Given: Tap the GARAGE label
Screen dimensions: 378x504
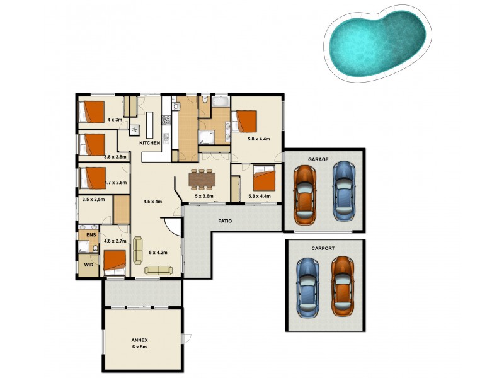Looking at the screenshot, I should click(x=318, y=160).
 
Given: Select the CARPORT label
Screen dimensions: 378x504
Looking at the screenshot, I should click(x=323, y=248).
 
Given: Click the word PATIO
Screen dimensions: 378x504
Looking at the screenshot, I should click(x=226, y=221).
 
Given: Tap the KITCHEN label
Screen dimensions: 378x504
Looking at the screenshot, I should click(x=150, y=143).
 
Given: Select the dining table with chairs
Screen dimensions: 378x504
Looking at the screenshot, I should click(x=202, y=179).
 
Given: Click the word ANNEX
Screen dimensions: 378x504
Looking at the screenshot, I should click(x=140, y=340).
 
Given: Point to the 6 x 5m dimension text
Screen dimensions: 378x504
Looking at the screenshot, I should click(x=140, y=346).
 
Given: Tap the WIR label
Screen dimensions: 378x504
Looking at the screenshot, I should click(x=88, y=265).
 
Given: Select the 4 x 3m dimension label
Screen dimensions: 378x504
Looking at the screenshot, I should click(x=115, y=120).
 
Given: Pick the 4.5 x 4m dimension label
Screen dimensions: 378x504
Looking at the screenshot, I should click(x=153, y=202).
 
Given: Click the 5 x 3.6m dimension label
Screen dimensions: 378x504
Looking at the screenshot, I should click(x=204, y=196).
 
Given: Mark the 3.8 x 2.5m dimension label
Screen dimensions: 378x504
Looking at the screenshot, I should click(x=115, y=157).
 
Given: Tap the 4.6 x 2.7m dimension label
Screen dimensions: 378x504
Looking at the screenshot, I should click(x=115, y=241).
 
